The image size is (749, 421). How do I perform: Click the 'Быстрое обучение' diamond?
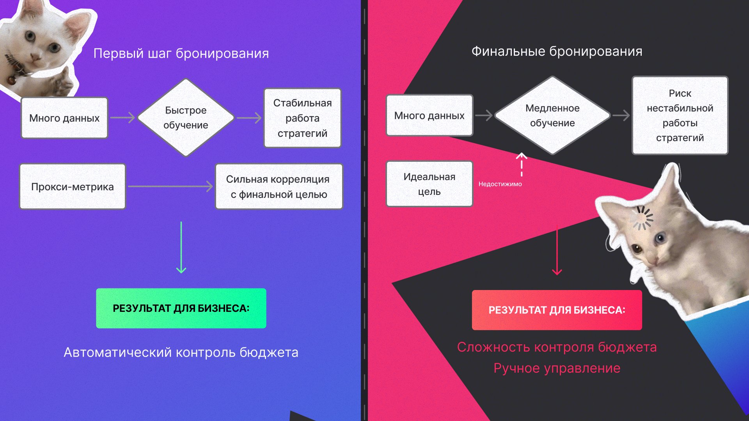point(186,118)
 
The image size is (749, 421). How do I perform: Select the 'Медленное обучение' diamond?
point(552,115)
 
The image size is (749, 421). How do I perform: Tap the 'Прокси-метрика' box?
point(73,187)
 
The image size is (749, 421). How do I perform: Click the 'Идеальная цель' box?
point(429,184)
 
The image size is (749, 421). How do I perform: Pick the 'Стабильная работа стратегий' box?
point(302,118)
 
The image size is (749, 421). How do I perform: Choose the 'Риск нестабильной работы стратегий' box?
point(680,115)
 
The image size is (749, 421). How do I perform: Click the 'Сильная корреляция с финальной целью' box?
point(279,187)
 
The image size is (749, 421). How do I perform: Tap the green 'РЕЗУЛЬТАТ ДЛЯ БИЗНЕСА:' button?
point(181,308)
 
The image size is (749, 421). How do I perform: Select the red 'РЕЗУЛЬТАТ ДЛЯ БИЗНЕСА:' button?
point(557,310)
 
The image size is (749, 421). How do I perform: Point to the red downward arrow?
point(557,252)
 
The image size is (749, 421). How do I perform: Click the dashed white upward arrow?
point(522,165)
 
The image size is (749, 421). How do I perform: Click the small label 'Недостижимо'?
point(500,184)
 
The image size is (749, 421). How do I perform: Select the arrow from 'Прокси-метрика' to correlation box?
point(170,186)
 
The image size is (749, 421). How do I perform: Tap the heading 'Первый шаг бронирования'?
point(181,53)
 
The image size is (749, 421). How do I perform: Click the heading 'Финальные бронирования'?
point(557,51)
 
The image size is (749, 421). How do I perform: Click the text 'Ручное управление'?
point(557,368)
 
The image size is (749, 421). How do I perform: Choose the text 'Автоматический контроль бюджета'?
point(181,352)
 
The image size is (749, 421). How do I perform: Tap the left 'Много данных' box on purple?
point(64,118)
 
